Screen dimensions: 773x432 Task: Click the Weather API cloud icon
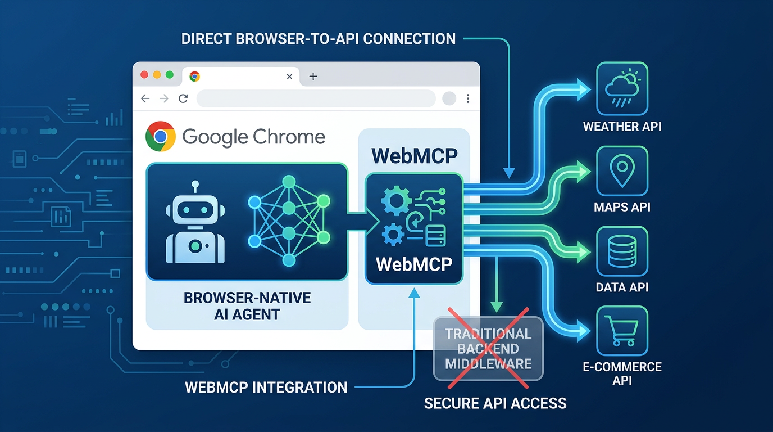coord(622,88)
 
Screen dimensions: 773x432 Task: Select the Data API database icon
coord(622,251)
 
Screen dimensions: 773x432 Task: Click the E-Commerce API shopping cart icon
coord(622,331)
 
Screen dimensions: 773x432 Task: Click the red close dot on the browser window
coord(144,75)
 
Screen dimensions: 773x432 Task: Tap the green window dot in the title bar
coord(170,75)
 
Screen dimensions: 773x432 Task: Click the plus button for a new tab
coord(313,76)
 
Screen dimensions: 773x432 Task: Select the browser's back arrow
coord(145,99)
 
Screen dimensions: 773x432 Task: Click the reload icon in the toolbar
coord(183,99)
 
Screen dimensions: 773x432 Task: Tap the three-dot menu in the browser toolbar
coord(468,99)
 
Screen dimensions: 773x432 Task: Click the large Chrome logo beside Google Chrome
coord(161,137)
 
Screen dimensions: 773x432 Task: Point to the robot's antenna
coord(195,187)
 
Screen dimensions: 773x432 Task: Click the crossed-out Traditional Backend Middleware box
coord(488,348)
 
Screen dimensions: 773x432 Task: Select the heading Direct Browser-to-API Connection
coord(318,39)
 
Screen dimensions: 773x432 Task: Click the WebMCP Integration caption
coord(266,388)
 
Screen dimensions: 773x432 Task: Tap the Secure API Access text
coord(495,403)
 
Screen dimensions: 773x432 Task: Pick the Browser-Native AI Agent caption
coord(247,306)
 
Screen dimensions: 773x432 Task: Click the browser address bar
coord(316,98)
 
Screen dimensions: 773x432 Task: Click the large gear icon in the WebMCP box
coord(396,200)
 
